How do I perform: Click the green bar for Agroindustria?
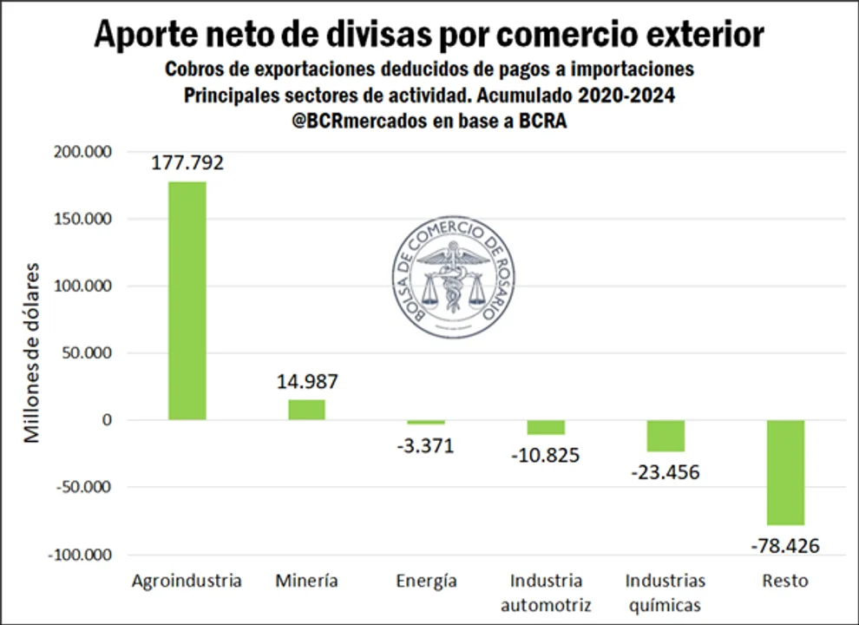pos(187,300)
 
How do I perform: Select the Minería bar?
pos(306,410)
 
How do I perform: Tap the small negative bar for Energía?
pos(426,423)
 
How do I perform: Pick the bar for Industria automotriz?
pos(546,427)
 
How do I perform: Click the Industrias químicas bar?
pos(666,436)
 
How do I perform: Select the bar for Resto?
pos(785,472)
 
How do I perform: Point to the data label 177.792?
pos(187,162)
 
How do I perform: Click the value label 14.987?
pos(307,381)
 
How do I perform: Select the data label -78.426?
pos(784,546)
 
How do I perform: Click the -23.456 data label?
pos(665,472)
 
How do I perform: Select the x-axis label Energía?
pos(425,581)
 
